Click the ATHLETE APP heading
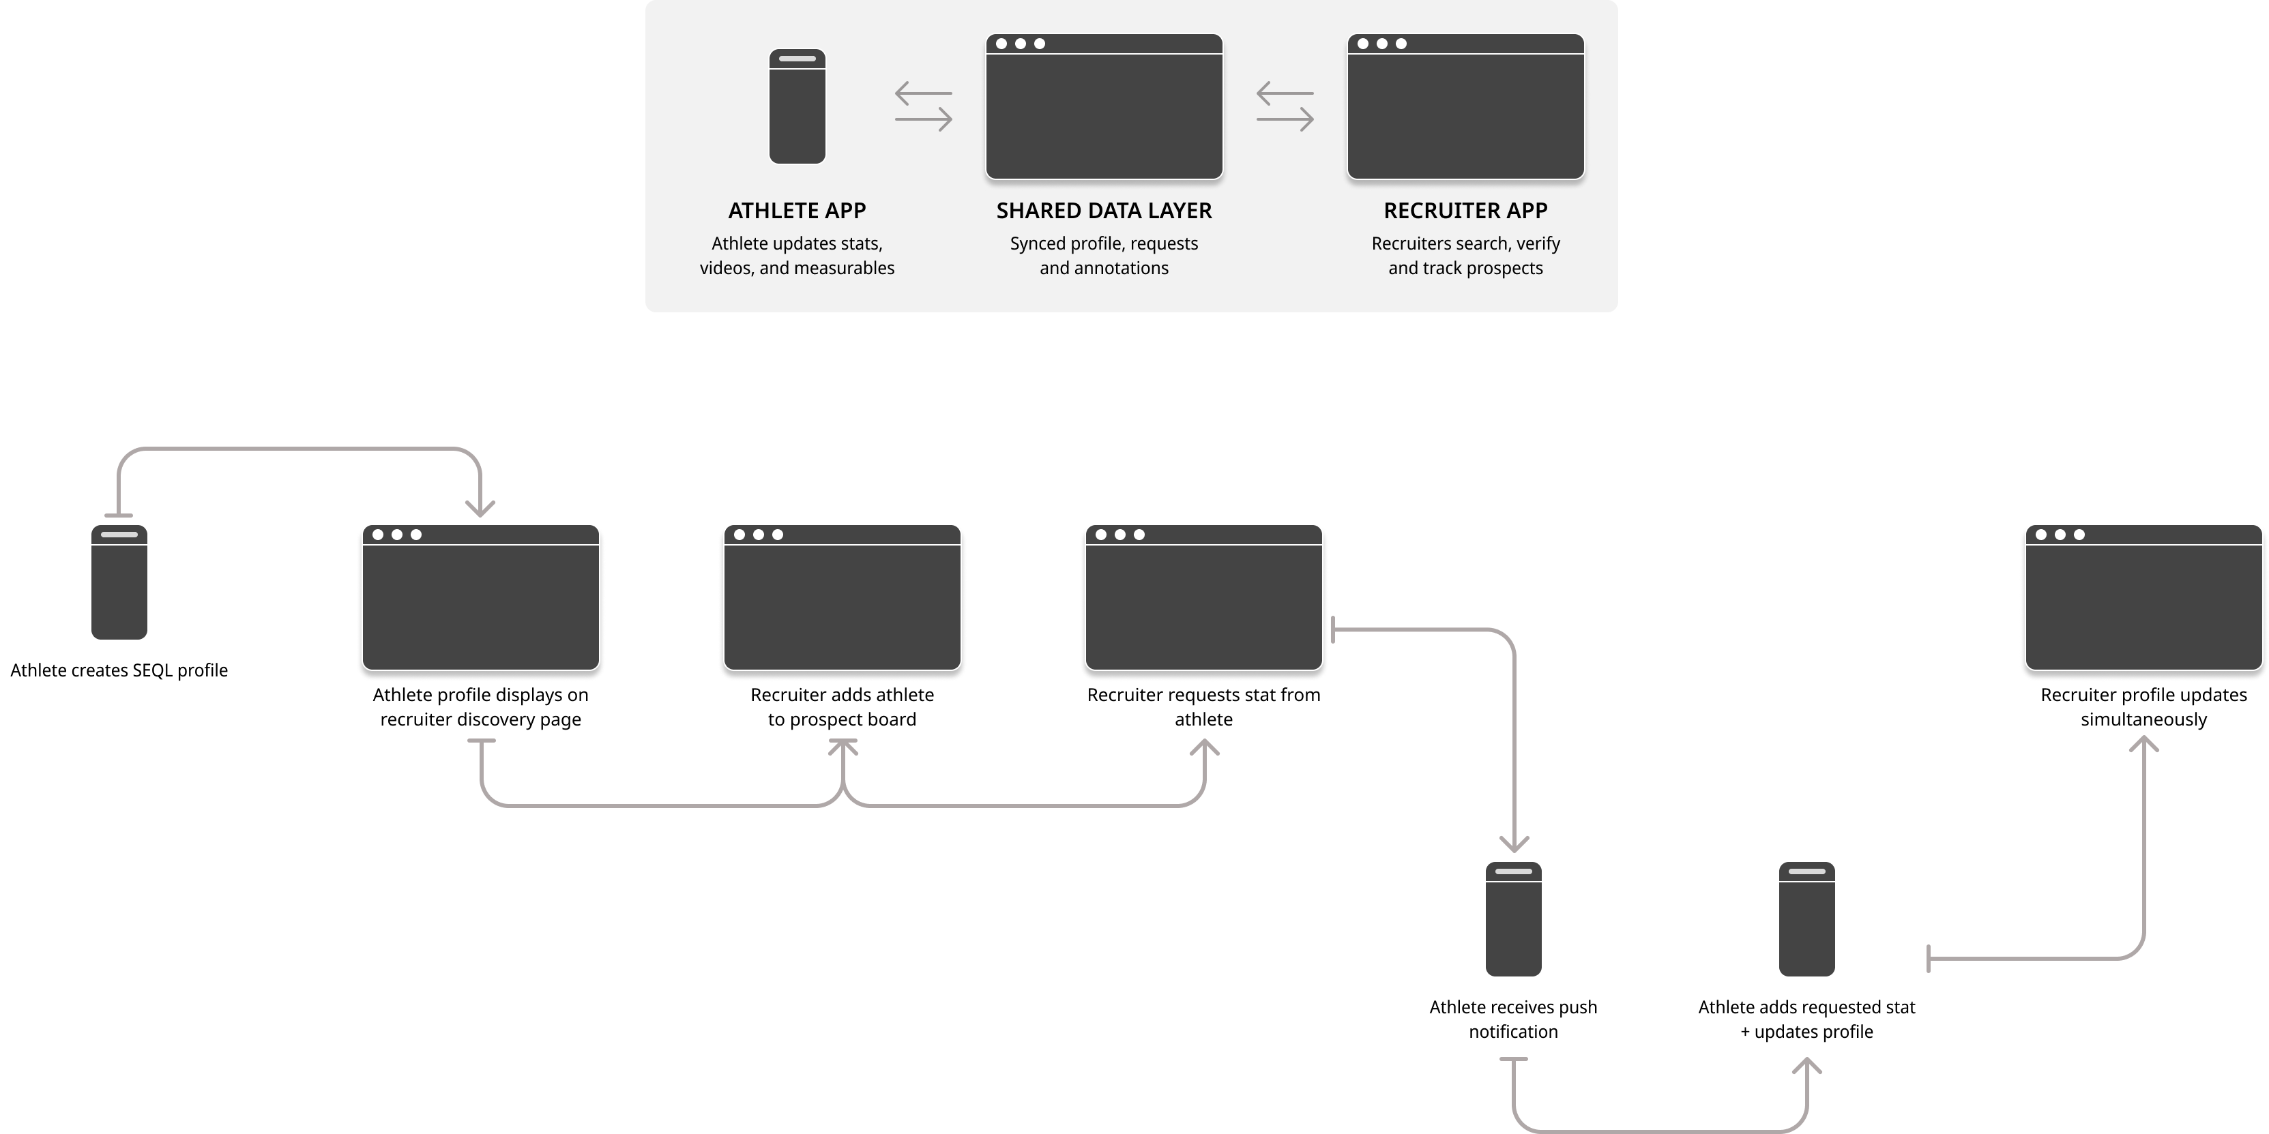click(x=796, y=211)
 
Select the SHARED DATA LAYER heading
click(x=1104, y=211)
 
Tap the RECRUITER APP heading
click(x=1465, y=211)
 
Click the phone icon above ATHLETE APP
click(x=796, y=106)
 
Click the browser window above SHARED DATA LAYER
click(x=1104, y=106)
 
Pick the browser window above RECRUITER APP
click(x=1465, y=106)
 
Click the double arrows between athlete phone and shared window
click(x=923, y=106)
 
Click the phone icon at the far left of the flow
click(x=119, y=582)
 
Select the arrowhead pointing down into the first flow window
click(x=480, y=509)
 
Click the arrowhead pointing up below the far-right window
click(x=2143, y=744)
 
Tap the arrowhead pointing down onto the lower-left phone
click(x=1513, y=844)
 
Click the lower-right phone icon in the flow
click(x=1806, y=919)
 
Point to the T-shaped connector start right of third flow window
click(x=1334, y=629)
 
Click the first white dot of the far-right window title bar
click(x=2041, y=535)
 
